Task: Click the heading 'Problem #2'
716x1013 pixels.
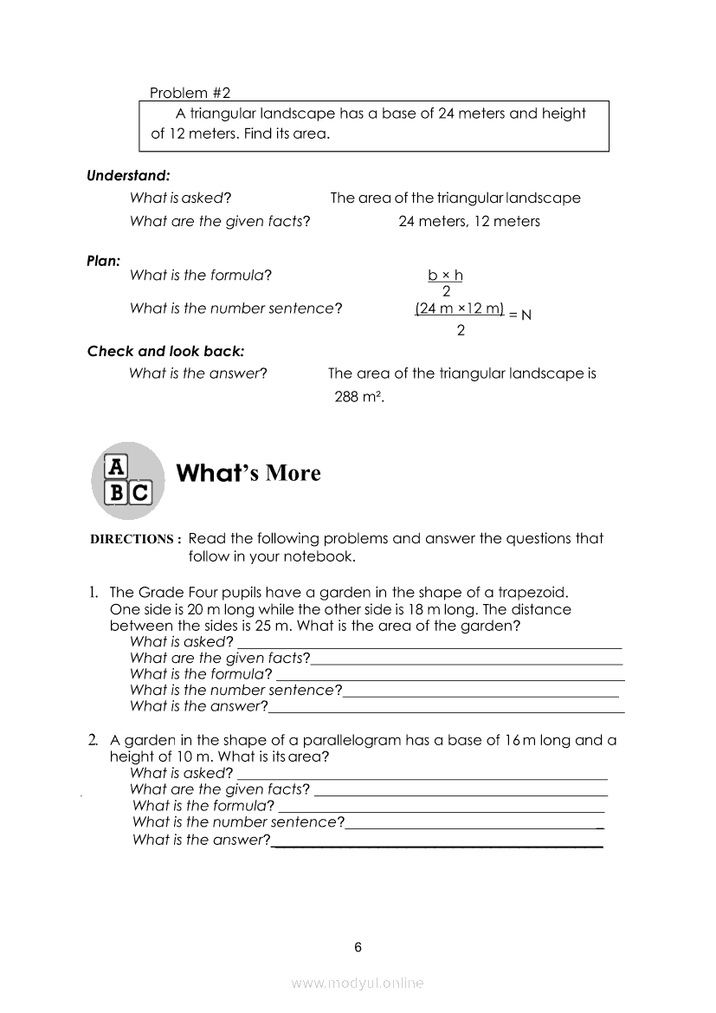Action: [190, 93]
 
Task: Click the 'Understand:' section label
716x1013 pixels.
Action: [128, 175]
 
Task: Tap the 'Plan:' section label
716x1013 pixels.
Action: [103, 259]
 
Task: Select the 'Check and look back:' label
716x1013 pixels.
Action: [165, 351]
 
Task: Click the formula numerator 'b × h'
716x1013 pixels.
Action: [445, 276]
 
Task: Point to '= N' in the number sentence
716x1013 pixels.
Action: [519, 315]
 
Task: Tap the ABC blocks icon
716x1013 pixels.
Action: [127, 479]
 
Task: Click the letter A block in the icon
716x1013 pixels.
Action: [116, 466]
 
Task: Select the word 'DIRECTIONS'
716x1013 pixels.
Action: [132, 539]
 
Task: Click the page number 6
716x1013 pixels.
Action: [358, 947]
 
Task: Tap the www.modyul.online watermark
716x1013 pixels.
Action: [358, 983]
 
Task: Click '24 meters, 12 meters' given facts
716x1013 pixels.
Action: [468, 222]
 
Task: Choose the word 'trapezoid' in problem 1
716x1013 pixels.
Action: [534, 593]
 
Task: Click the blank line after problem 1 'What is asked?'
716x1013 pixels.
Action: [429, 646]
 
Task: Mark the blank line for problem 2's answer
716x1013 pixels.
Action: [436, 844]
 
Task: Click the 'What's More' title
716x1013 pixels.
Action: [248, 473]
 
